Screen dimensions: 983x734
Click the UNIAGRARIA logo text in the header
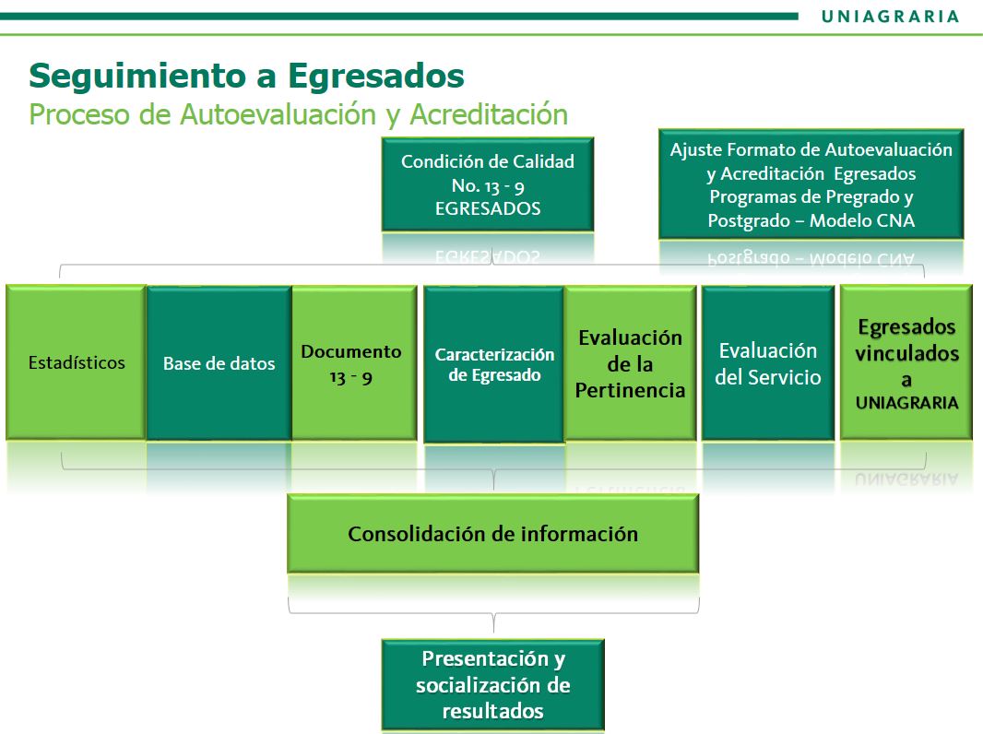point(890,17)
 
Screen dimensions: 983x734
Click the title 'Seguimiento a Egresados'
point(246,77)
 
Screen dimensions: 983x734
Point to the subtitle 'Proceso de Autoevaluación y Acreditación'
point(299,114)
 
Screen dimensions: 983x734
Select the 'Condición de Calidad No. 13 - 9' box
point(488,185)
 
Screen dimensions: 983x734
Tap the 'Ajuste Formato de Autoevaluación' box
point(811,184)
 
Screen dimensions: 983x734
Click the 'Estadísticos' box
point(76,362)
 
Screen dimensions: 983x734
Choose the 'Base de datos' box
point(219,363)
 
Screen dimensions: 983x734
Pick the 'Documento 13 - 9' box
point(354,363)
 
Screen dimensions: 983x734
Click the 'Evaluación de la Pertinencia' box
point(630,363)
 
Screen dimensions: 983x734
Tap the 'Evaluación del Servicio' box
point(768,363)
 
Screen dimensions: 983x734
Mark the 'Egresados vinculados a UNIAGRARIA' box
point(906,362)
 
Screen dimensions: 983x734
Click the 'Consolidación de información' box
point(492,533)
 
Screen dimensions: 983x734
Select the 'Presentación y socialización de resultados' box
point(492,684)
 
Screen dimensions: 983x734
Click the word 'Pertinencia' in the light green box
point(630,390)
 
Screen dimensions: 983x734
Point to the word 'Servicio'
point(787,377)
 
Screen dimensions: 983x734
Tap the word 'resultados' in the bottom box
point(492,712)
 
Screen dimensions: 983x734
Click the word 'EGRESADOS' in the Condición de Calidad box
point(488,208)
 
